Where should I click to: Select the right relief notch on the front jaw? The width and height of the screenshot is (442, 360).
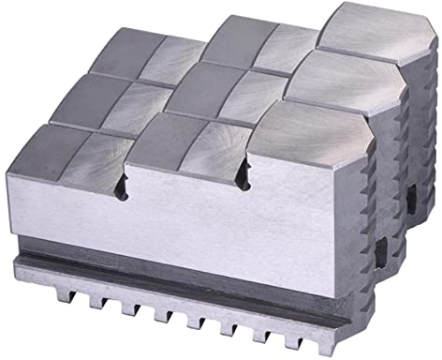tap(245, 174)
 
